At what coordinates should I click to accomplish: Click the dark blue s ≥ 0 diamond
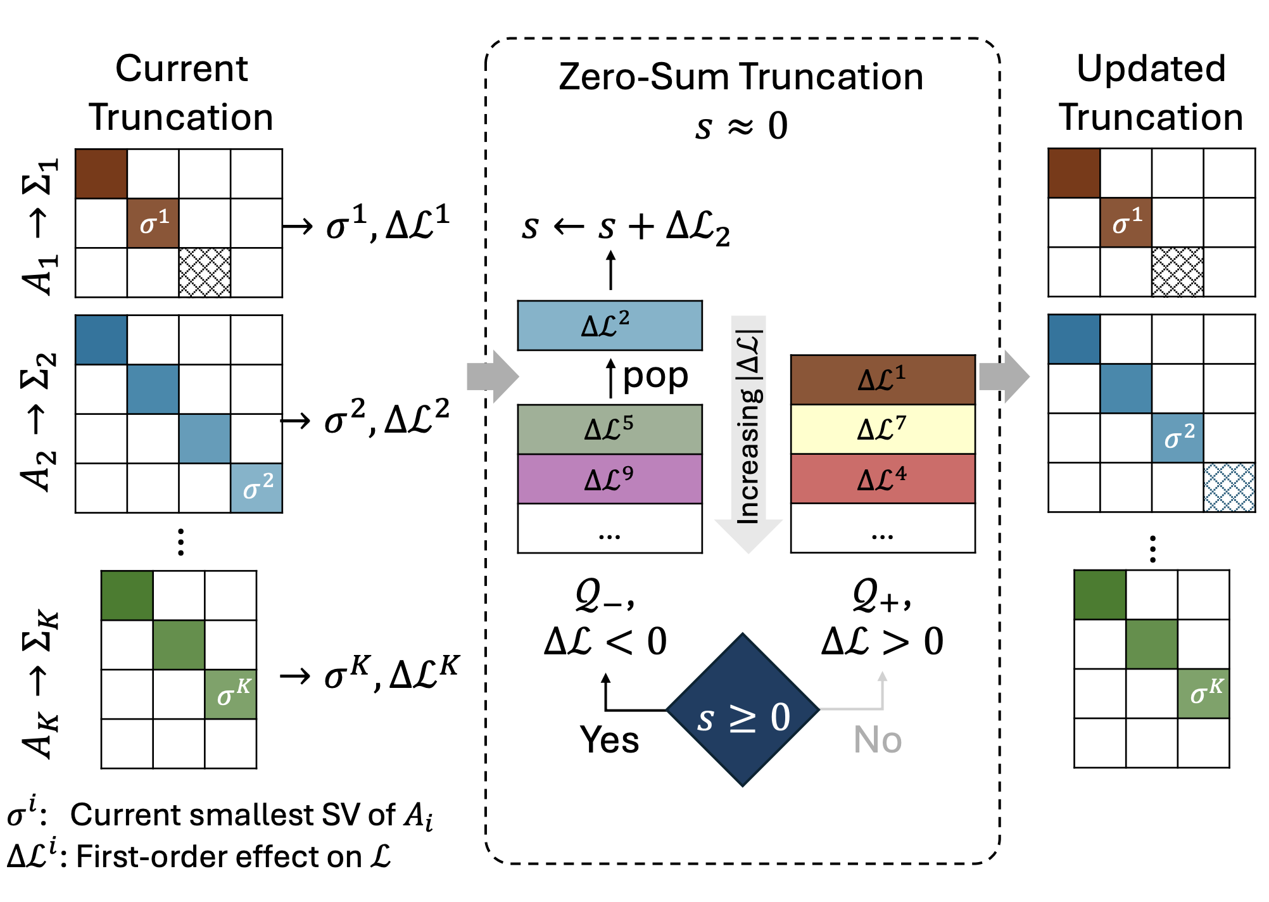pos(743,710)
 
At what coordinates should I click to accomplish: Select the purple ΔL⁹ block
pos(609,479)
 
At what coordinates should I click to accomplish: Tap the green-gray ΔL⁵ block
pos(609,429)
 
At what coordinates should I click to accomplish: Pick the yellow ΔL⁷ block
pos(882,429)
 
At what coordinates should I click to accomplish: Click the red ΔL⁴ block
pos(882,478)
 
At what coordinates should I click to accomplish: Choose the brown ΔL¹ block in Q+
pos(882,379)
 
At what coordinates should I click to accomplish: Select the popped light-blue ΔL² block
pos(609,326)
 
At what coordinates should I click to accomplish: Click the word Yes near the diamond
pos(609,739)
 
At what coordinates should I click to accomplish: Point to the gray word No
pos(877,739)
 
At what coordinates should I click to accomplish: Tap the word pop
pos(655,376)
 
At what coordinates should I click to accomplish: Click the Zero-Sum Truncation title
pos(741,77)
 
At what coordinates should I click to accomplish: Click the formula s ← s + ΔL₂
pos(625,227)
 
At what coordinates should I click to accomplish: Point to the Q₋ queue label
pos(604,596)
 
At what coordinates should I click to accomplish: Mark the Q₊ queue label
pos(881,596)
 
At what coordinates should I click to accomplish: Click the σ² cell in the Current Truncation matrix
pos(256,488)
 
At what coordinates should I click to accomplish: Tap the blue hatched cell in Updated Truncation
pos(1229,487)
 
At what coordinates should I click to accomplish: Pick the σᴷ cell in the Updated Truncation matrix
pos(1204,694)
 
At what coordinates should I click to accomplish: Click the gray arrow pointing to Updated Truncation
pos(1004,377)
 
